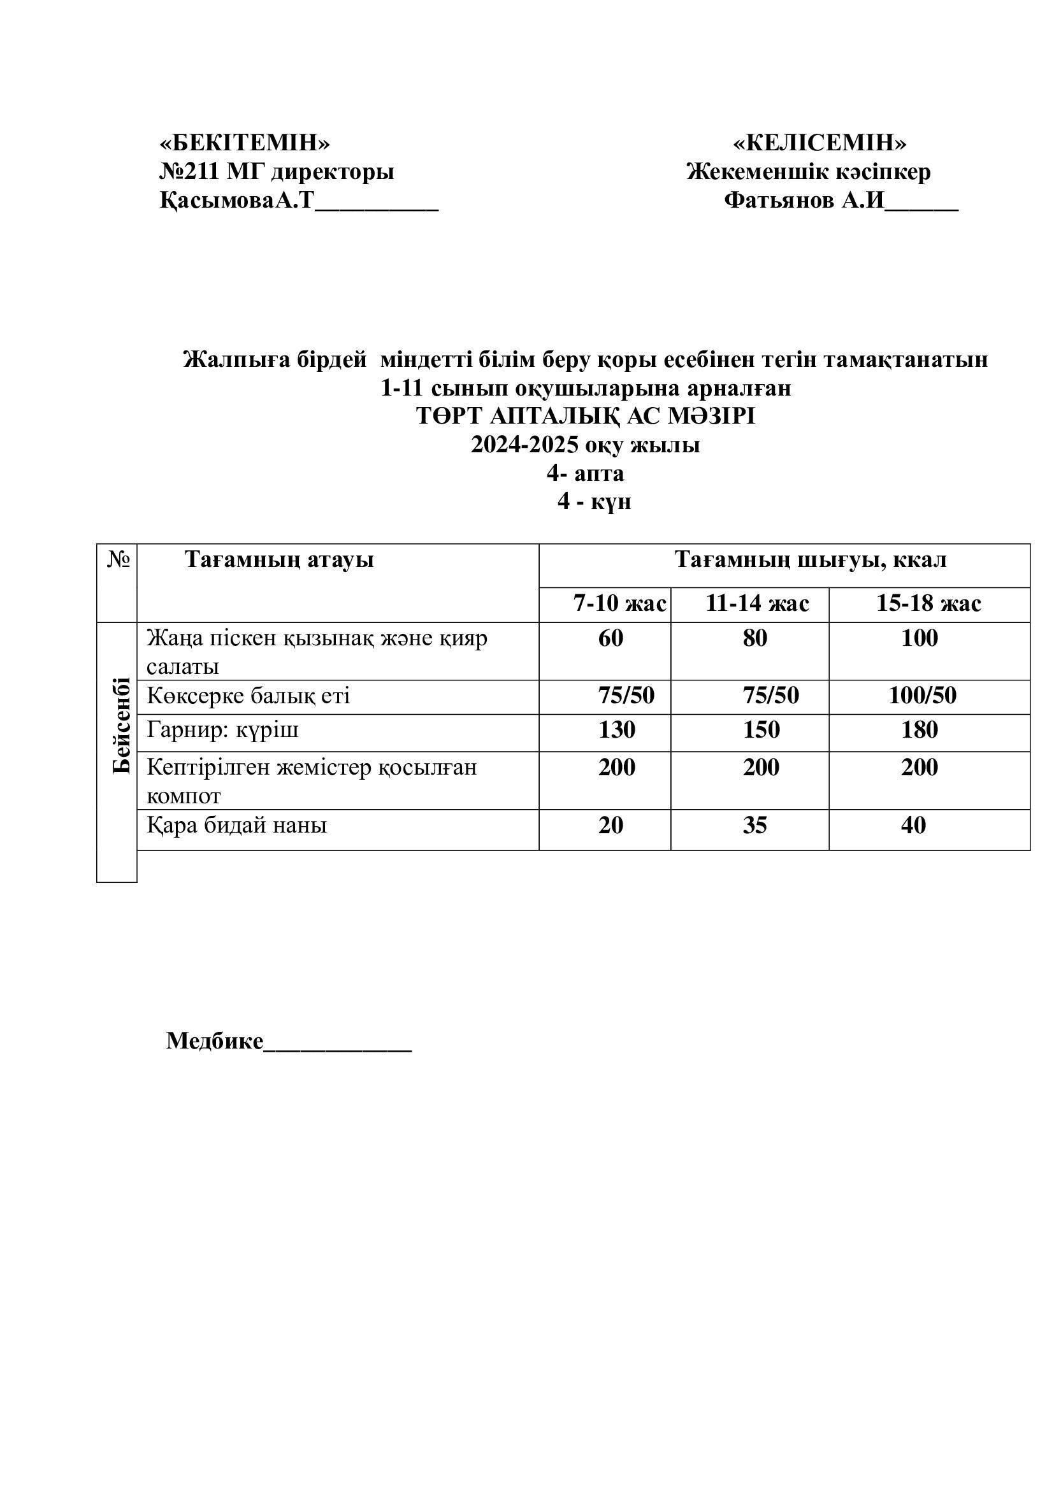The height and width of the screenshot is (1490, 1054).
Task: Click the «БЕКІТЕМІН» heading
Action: coord(245,142)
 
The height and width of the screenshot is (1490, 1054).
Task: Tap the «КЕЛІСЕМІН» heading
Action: coord(819,142)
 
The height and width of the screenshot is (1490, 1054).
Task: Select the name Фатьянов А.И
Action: coord(804,200)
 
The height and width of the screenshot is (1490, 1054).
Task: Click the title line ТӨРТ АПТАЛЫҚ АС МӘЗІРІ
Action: coord(586,416)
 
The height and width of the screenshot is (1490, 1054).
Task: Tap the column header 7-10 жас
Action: coord(619,603)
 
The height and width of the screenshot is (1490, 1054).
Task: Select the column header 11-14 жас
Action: coord(757,603)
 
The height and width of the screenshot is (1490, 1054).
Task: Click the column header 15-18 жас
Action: coord(928,603)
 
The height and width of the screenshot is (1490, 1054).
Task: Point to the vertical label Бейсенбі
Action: coord(120,726)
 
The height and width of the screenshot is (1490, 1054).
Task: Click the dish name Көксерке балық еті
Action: coord(248,696)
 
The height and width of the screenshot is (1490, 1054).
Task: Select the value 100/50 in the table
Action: coord(922,696)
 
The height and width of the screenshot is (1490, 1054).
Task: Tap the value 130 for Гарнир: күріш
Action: coord(617,730)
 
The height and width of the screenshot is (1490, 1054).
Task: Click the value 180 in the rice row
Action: coord(919,730)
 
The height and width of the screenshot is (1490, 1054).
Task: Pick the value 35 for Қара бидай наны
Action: coord(754,826)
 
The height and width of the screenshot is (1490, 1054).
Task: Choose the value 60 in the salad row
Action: coord(610,638)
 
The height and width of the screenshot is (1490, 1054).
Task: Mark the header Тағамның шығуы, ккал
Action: coord(810,559)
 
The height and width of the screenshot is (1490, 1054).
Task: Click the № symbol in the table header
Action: coord(118,559)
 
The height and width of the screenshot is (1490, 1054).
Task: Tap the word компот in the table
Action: coord(184,796)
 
